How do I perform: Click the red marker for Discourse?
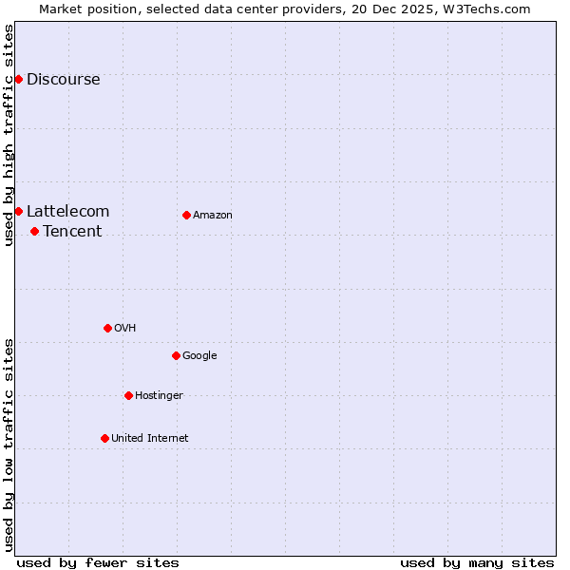click(18, 79)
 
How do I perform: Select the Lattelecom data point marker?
click(18, 211)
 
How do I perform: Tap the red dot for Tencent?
click(34, 231)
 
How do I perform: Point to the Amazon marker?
click(186, 215)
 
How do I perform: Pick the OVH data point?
click(107, 328)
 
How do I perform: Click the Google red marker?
click(176, 355)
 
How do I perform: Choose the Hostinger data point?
click(128, 395)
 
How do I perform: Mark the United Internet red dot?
click(104, 438)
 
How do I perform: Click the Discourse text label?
click(63, 79)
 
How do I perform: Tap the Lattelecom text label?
click(67, 211)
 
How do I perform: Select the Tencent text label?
click(72, 231)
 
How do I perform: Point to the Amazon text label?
click(213, 215)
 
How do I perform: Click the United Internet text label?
click(149, 438)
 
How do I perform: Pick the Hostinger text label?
click(159, 395)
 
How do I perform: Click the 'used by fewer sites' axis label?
click(98, 562)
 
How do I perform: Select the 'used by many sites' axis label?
click(477, 562)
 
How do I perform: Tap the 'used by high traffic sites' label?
click(9, 135)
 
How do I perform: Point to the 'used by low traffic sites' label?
click(9, 445)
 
